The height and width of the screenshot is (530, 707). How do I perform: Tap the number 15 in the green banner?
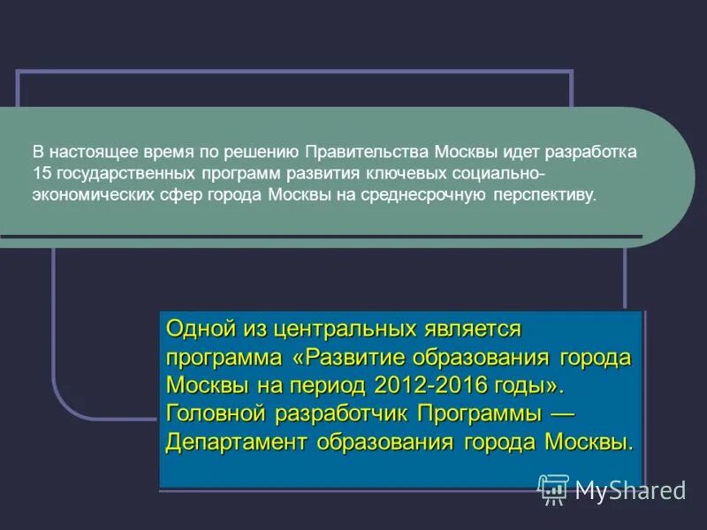(x=42, y=172)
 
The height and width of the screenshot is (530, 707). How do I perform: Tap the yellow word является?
(x=473, y=329)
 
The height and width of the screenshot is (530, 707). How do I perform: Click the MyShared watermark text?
(x=630, y=490)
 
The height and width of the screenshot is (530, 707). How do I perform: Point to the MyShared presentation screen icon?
(x=553, y=489)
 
